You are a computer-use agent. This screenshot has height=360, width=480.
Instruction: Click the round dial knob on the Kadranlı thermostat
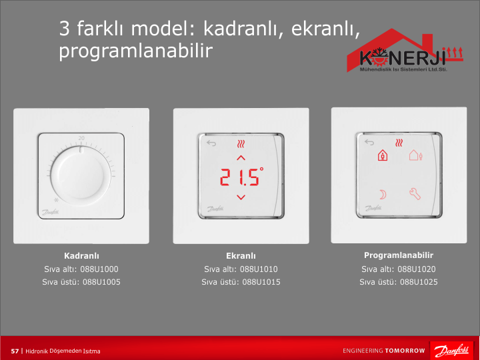[81, 176]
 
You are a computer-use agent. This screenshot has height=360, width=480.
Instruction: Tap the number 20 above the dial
[81, 138]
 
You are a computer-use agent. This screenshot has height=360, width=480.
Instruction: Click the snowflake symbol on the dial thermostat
[56, 200]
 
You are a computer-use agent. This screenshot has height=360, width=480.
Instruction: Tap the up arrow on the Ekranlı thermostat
[241, 158]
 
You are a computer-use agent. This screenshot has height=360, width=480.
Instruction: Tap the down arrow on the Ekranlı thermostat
[241, 197]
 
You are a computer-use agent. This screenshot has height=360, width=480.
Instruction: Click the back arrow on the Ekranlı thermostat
[211, 143]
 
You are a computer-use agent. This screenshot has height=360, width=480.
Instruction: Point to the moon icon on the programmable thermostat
[383, 195]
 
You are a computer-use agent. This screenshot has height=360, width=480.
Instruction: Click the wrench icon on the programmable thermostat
[415, 194]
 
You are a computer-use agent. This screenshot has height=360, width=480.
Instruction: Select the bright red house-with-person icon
[383, 155]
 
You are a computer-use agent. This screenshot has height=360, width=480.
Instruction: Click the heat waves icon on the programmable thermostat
[399, 143]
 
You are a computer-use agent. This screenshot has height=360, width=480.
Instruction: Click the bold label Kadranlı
[81, 256]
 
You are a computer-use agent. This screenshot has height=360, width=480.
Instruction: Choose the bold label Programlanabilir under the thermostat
[399, 255]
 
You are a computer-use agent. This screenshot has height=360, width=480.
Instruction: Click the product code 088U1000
[99, 269]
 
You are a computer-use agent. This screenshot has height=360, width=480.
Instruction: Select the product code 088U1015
[261, 282]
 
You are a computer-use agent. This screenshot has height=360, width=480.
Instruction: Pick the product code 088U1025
[419, 282]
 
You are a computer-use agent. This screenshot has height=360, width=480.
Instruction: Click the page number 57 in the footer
[15, 351]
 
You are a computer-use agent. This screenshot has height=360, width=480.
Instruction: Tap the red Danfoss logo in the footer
[451, 351]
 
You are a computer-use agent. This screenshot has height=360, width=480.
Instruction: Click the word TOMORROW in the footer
[405, 351]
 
